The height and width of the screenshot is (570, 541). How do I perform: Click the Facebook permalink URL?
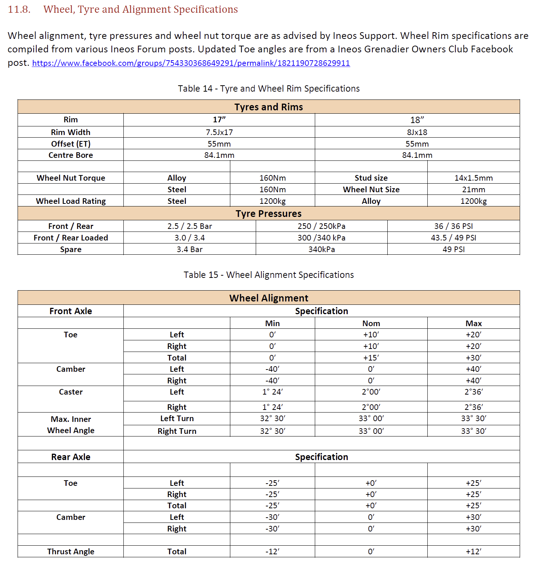pyautogui.click(x=191, y=63)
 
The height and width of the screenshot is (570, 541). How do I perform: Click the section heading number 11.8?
pyautogui.click(x=19, y=9)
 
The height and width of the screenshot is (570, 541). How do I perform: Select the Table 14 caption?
pyautogui.click(x=268, y=89)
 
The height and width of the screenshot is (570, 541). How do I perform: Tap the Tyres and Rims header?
pyautogui.click(x=268, y=107)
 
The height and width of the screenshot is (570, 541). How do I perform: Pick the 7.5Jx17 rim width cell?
pyautogui.click(x=219, y=132)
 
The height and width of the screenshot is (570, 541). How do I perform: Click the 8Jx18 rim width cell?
pyautogui.click(x=417, y=132)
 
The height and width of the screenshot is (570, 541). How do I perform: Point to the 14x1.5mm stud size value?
pyautogui.click(x=473, y=178)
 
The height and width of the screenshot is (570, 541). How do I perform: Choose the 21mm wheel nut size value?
pyautogui.click(x=473, y=190)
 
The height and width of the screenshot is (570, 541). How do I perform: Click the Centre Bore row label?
pyautogui.click(x=71, y=155)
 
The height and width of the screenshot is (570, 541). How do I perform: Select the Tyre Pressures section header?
pyautogui.click(x=268, y=214)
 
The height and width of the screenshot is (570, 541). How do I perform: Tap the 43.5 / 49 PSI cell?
pyautogui.click(x=453, y=238)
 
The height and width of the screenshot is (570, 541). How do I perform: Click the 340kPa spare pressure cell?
pyautogui.click(x=322, y=249)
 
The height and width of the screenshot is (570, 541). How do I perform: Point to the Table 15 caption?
pyautogui.click(x=268, y=275)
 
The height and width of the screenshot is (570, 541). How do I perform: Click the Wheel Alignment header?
pyautogui.click(x=268, y=298)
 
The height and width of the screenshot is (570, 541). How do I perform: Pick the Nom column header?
pyautogui.click(x=371, y=324)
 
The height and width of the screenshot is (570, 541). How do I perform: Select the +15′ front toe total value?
pyautogui.click(x=371, y=358)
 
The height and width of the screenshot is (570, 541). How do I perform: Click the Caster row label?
pyautogui.click(x=71, y=392)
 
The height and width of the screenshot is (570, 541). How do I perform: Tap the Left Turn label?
pyautogui.click(x=177, y=419)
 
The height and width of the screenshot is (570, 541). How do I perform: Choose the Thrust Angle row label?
pyautogui.click(x=71, y=552)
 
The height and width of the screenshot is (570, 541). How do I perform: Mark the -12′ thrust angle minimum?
pyautogui.click(x=272, y=552)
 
